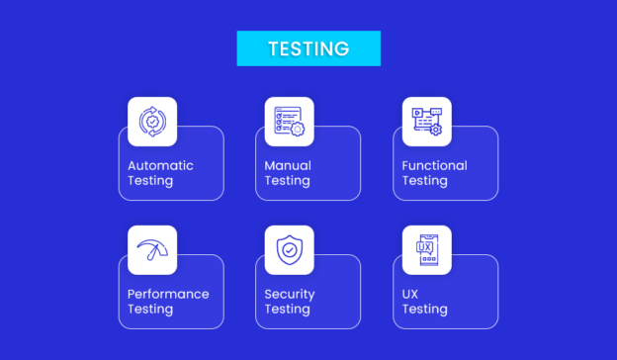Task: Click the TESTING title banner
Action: click(308, 48)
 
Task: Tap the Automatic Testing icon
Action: click(152, 122)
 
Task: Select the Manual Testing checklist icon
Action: click(289, 122)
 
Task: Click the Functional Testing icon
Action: click(427, 122)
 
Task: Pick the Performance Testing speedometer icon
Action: click(152, 250)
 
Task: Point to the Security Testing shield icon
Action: click(289, 250)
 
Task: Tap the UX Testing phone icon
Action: click(427, 250)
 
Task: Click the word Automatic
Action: click(160, 166)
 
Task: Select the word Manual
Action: click(288, 166)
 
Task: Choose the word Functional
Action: click(434, 166)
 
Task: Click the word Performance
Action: click(168, 295)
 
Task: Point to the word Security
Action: click(290, 295)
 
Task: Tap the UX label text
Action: click(411, 295)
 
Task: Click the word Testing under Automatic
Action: click(150, 182)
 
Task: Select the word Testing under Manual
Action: click(287, 182)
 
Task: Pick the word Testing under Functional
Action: click(424, 182)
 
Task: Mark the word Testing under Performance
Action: click(150, 310)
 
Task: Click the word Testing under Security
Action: click(287, 310)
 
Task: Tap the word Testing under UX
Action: click(424, 310)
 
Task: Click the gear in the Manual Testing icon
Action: click(298, 130)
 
